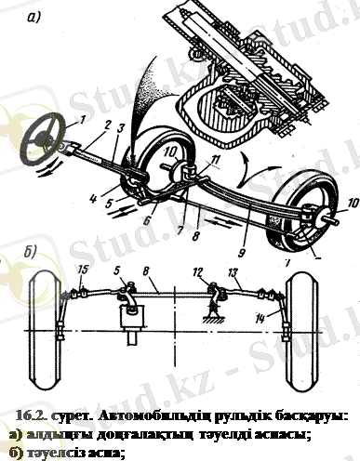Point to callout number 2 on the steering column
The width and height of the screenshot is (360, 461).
pyautogui.click(x=109, y=124)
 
